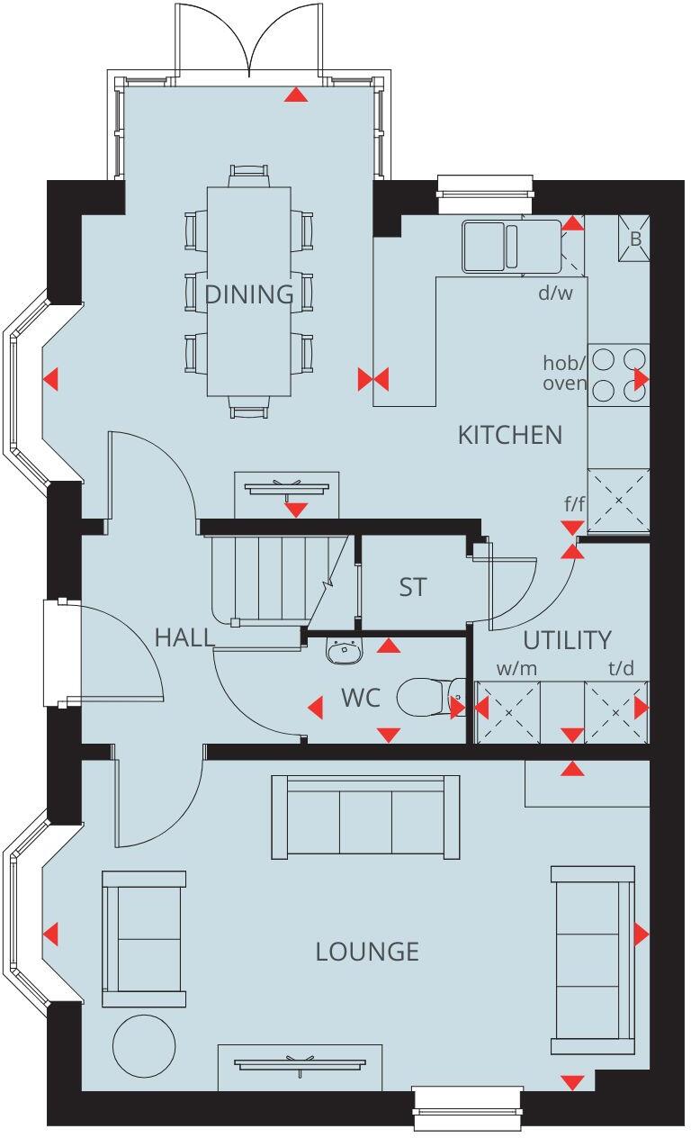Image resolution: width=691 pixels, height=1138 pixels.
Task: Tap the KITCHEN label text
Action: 509,435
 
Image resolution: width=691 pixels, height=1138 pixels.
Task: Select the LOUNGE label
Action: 367,952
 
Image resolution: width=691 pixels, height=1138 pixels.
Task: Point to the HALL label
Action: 184,637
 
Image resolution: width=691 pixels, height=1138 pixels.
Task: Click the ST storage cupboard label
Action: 412,588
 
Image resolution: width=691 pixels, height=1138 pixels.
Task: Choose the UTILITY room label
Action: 567,640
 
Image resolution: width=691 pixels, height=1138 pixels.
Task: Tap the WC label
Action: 361,698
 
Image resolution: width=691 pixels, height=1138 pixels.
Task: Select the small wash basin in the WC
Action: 343,650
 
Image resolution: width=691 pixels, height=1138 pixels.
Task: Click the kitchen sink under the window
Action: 491,245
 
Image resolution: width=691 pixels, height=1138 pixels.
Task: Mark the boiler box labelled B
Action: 634,238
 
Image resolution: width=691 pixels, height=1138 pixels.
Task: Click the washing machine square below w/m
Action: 507,712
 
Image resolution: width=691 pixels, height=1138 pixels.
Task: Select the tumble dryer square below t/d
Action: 616,712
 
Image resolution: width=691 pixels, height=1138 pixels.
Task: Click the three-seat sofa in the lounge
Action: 366,816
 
